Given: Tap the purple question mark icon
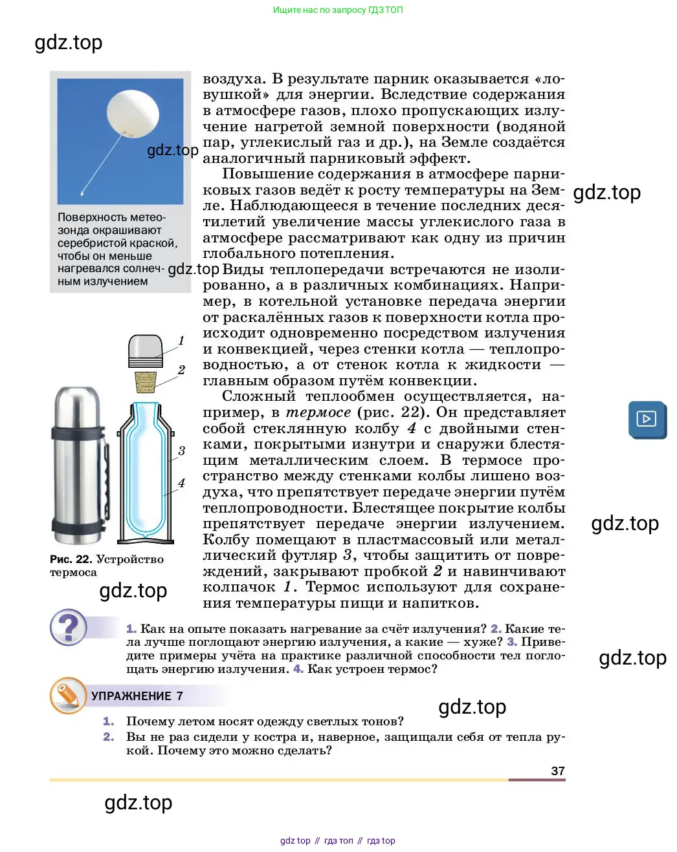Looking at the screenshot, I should click(68, 627).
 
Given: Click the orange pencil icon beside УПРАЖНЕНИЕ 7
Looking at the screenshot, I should click(68, 696).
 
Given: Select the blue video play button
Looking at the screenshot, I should click(647, 419).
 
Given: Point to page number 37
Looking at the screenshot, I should click(558, 771).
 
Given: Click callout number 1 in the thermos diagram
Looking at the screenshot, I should click(181, 341).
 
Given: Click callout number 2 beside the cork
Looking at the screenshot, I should click(181, 370).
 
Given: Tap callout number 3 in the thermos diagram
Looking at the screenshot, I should click(181, 451).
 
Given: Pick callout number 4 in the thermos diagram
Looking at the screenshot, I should click(181, 483).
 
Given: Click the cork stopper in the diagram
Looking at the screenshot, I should click(146, 382).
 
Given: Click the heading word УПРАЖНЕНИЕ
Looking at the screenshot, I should click(131, 696).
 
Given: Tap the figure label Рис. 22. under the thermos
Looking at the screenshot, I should click(71, 559).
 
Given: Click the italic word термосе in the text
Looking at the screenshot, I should click(318, 412).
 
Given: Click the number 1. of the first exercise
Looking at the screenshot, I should click(109, 721).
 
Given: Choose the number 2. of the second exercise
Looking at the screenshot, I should click(109, 737).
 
